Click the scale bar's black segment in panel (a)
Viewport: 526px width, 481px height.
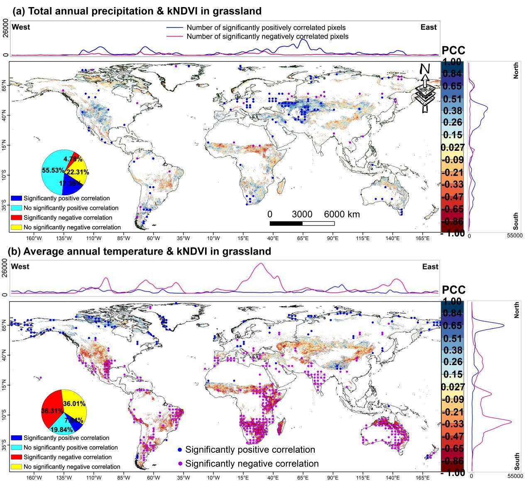(x=286, y=223)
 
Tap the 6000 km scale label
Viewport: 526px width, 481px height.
(x=342, y=214)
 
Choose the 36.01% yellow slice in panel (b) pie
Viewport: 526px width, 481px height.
(x=75, y=403)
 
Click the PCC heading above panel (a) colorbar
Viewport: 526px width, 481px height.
(x=453, y=51)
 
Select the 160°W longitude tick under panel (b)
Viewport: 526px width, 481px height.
(x=34, y=478)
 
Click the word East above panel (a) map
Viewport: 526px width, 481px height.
(x=428, y=27)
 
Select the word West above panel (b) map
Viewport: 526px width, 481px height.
(x=20, y=266)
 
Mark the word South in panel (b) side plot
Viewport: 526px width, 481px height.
(x=516, y=461)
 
